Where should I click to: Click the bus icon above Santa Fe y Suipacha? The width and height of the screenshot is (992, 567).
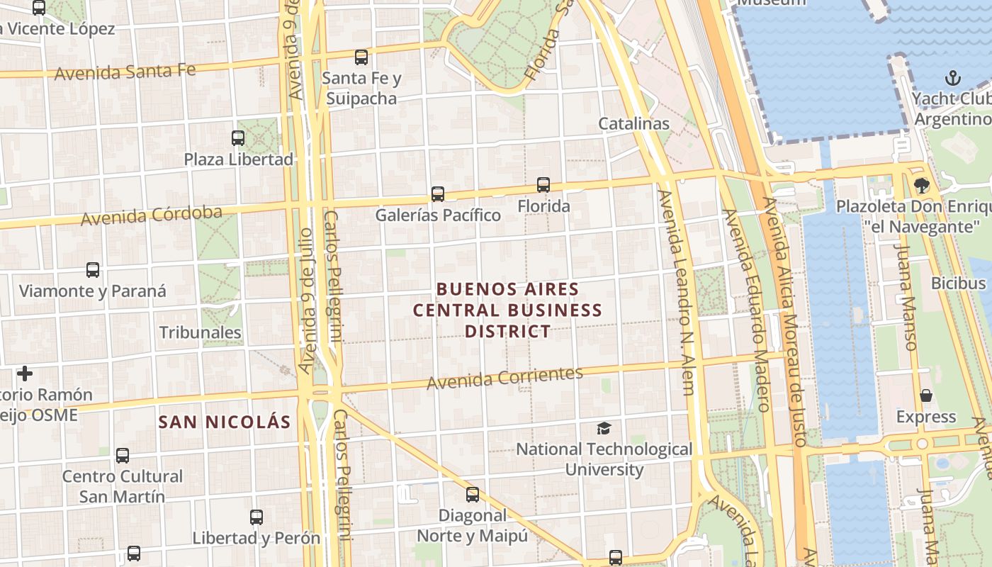pyautogui.click(x=361, y=57)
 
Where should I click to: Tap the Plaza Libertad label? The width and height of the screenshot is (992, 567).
pyautogui.click(x=238, y=159)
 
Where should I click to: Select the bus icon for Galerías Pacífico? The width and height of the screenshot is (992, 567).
pyautogui.click(x=438, y=193)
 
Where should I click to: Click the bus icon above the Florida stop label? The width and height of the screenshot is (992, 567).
pyautogui.click(x=543, y=185)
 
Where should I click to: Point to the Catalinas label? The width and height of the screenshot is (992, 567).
pyautogui.click(x=633, y=123)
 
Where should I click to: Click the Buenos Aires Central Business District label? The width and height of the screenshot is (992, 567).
pyautogui.click(x=507, y=310)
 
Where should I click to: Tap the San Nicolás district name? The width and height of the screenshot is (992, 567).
pyautogui.click(x=225, y=422)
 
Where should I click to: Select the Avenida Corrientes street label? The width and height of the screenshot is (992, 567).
pyautogui.click(x=505, y=378)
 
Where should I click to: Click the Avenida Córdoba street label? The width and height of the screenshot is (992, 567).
pyautogui.click(x=151, y=215)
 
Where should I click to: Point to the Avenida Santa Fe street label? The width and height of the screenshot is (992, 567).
pyautogui.click(x=124, y=72)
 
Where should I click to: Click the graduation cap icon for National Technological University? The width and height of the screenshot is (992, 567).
pyautogui.click(x=604, y=428)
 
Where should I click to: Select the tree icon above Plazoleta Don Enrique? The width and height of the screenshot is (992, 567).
pyautogui.click(x=921, y=186)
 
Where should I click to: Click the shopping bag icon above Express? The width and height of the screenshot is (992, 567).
pyautogui.click(x=925, y=395)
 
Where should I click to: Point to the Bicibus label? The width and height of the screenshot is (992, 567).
pyautogui.click(x=958, y=283)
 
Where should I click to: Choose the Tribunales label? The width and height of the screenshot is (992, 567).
pyautogui.click(x=200, y=332)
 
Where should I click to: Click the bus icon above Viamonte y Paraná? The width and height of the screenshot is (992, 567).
pyautogui.click(x=93, y=270)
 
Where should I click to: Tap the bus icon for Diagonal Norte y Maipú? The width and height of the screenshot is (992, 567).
pyautogui.click(x=473, y=494)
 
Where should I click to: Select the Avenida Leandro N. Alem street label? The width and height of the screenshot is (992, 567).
pyautogui.click(x=677, y=292)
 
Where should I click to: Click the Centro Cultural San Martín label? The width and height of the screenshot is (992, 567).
pyautogui.click(x=123, y=485)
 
